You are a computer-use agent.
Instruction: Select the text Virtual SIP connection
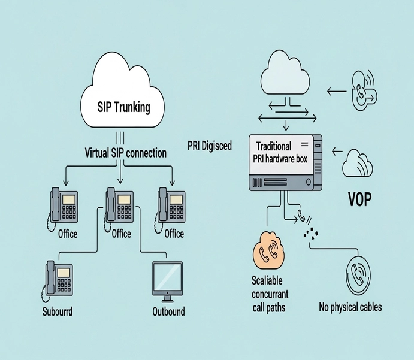[x=126, y=153]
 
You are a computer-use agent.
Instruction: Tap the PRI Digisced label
[x=210, y=146]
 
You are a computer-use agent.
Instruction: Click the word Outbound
[x=169, y=311]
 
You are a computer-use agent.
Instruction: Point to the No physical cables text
[x=350, y=308]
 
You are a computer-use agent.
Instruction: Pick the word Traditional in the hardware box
[x=273, y=146]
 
